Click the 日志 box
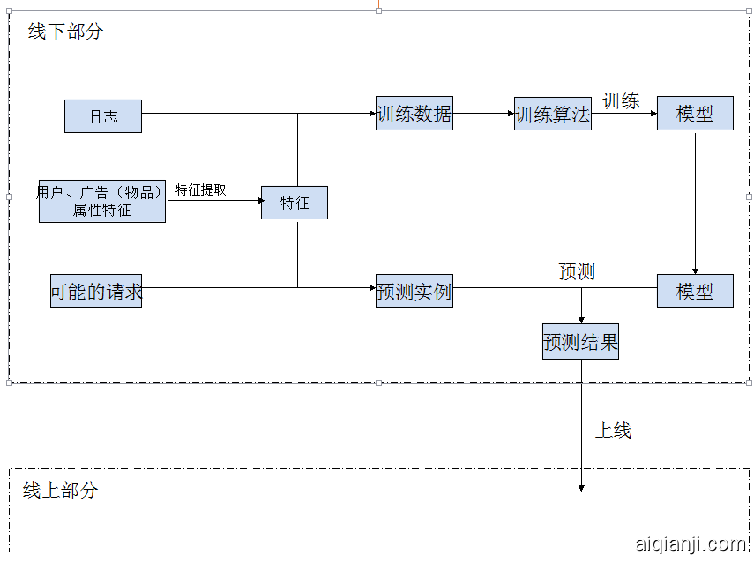[x=103, y=116]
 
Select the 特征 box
[x=295, y=203]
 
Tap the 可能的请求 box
[x=96, y=291]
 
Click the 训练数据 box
[x=414, y=114]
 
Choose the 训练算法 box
[x=553, y=114]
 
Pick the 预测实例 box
[x=414, y=291]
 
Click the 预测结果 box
[x=580, y=342]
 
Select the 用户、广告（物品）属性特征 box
[x=102, y=201]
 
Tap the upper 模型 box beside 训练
[x=695, y=114]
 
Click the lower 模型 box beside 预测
[x=695, y=291]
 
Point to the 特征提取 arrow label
[x=200, y=189]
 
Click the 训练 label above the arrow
[x=621, y=100]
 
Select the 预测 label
[x=577, y=271]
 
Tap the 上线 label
[x=613, y=430]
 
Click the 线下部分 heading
[x=65, y=32]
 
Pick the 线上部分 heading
[x=60, y=491]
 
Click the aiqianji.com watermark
[x=691, y=544]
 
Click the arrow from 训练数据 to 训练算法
[x=483, y=114]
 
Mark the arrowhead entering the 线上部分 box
[x=581, y=487]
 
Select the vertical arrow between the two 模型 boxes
[x=695, y=203]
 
